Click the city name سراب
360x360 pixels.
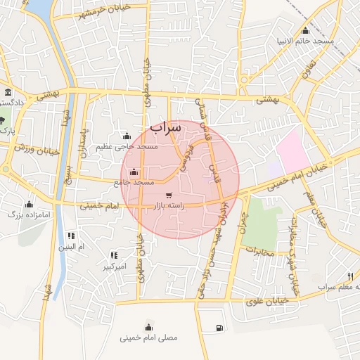coord(166,127)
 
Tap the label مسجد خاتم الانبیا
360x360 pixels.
coord(304,41)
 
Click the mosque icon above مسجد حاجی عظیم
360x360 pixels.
coord(127,136)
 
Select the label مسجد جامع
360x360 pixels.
coord(133,183)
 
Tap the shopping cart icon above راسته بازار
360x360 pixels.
coord(168,195)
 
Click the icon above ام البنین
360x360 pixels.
coord(71,236)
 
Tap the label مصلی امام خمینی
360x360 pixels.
coord(149,337)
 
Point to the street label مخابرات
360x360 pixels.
coord(259,250)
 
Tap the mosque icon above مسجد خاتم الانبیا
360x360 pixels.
coord(304,30)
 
